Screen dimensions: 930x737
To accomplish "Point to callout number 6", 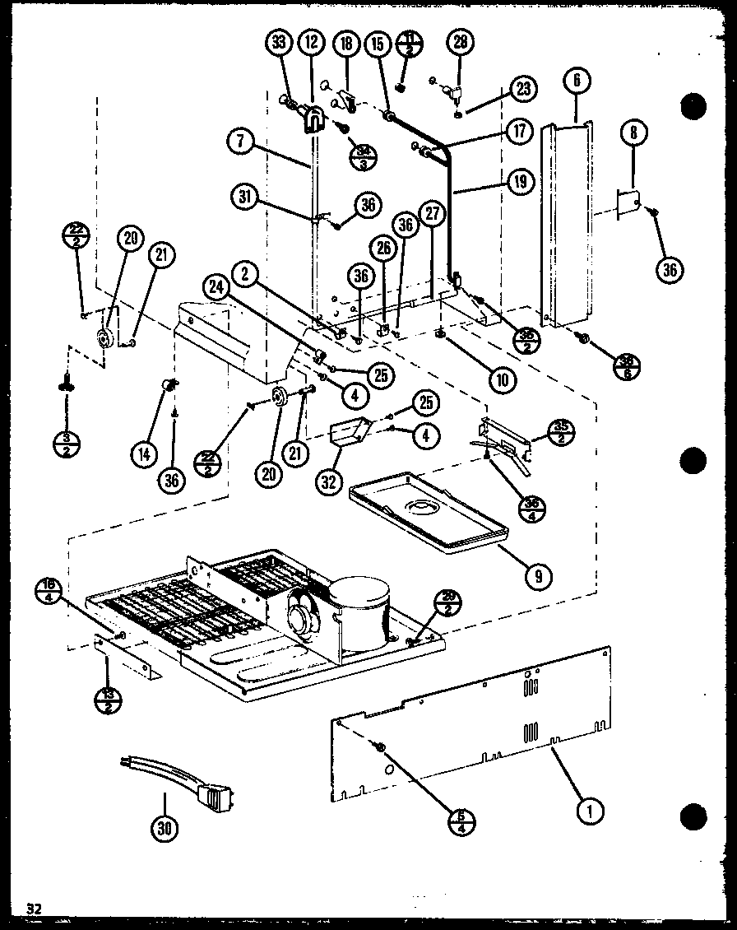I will point(577,81).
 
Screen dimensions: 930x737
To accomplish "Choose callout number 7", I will point(240,141).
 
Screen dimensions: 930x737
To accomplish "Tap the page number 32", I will point(33,909).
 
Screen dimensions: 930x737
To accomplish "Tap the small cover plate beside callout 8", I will point(628,202).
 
